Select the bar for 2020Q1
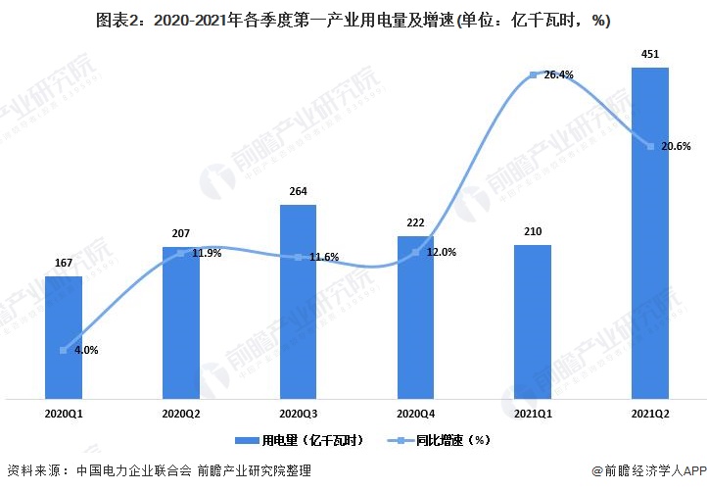pyautogui.click(x=64, y=337)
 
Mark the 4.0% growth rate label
pyautogui.click(x=83, y=350)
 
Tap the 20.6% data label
pyautogui.click(x=676, y=147)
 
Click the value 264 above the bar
pyautogui.click(x=299, y=192)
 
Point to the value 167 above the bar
pyautogui.click(x=64, y=264)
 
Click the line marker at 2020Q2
pyautogui.click(x=180, y=254)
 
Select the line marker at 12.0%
pyautogui.click(x=415, y=253)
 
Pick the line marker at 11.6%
pyautogui.click(x=298, y=257)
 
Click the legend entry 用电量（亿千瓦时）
pyautogui.click(x=299, y=441)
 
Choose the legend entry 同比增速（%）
pyautogui.click(x=437, y=441)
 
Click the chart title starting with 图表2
pyautogui.click(x=353, y=21)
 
